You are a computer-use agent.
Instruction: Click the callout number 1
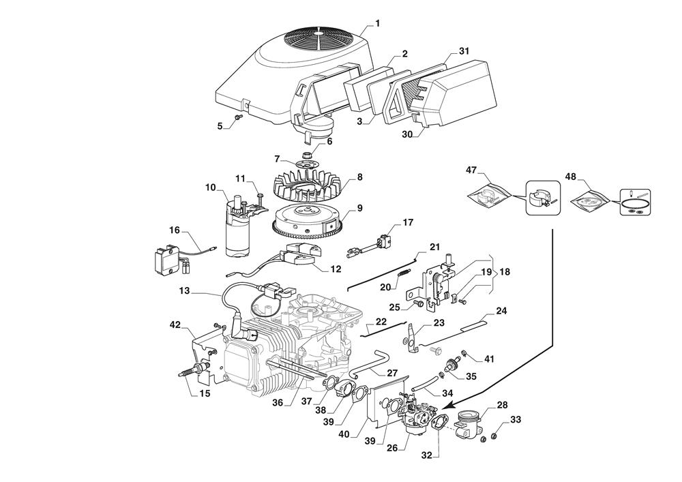[x=377, y=24]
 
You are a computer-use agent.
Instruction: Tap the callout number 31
[x=464, y=52]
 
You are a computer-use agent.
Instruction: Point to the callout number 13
[x=184, y=290]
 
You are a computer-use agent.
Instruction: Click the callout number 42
[x=175, y=325]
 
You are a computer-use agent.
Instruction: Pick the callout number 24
[x=501, y=311]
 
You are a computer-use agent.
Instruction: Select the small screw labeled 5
[x=238, y=119]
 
